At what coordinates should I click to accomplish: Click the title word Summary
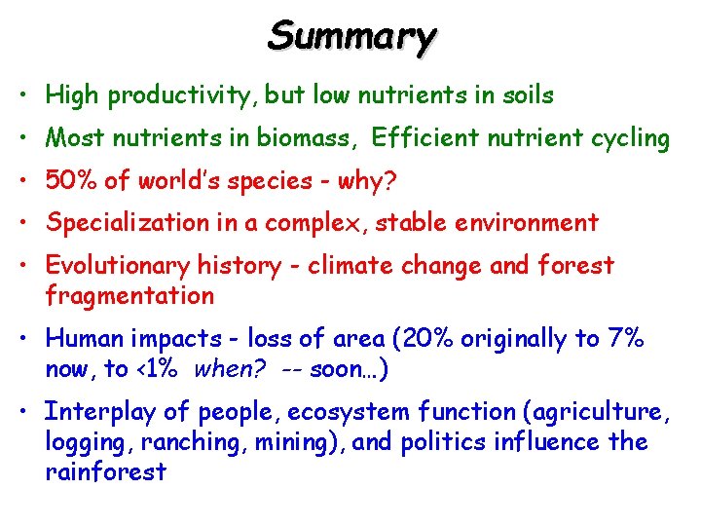coord(351,36)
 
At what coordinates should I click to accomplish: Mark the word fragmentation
coord(129,294)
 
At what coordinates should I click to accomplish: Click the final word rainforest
coord(106,472)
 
